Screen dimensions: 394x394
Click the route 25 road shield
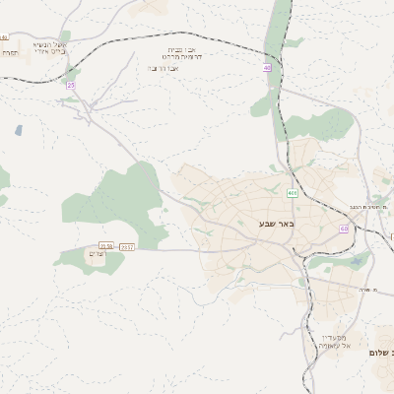[x=71, y=86]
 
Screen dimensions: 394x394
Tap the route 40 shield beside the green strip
[x=267, y=68]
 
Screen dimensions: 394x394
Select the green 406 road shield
[x=293, y=192]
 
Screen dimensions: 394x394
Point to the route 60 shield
[x=344, y=229]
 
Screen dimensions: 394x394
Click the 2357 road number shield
[x=127, y=247]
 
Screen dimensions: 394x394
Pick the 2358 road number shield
[x=106, y=247]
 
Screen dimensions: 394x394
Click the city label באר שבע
[x=277, y=224]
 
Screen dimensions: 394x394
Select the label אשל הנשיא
[x=48, y=43]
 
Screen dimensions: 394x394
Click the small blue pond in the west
[x=19, y=130]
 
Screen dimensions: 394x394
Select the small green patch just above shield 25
[x=72, y=71]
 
